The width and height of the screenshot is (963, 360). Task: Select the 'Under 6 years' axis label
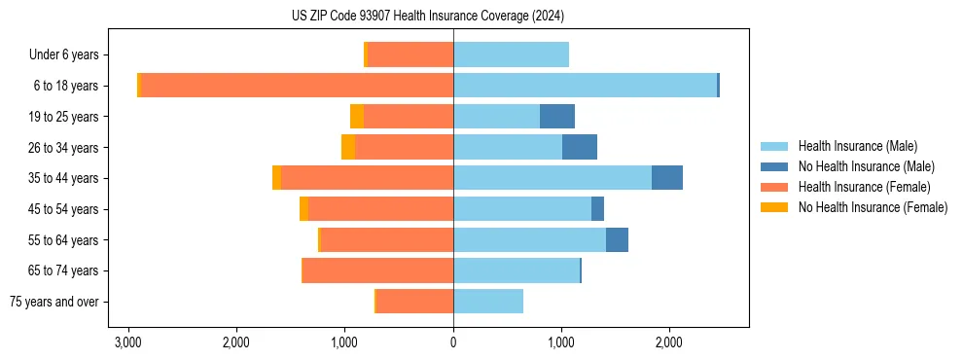[70, 55]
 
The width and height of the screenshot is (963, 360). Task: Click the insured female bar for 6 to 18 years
[297, 86]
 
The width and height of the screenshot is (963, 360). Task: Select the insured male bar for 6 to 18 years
[585, 86]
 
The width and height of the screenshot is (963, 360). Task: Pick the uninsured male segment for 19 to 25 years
[557, 117]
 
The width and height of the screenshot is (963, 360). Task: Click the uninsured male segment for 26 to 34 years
[580, 148]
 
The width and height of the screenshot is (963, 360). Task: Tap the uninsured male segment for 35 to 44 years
[667, 178]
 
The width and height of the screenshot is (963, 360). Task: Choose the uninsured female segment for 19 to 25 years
[357, 117]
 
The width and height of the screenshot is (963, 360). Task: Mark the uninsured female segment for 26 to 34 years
[348, 148]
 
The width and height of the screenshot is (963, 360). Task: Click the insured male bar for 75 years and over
[488, 302]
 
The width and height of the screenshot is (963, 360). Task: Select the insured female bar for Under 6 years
[410, 55]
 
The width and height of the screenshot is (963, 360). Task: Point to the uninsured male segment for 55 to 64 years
[617, 240]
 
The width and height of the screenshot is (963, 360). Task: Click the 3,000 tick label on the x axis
[128, 342]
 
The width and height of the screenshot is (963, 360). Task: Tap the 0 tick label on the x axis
[453, 342]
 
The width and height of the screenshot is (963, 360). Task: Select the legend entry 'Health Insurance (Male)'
[857, 146]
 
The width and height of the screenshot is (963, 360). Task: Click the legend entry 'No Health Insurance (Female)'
[873, 207]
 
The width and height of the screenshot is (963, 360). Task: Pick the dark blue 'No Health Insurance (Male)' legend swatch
[775, 166]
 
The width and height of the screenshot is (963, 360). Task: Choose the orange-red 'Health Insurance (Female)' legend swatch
[775, 187]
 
